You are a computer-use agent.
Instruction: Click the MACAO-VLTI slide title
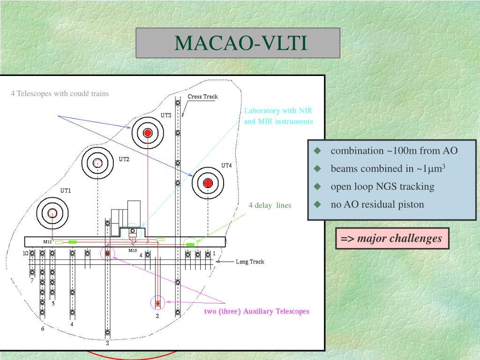click(238, 43)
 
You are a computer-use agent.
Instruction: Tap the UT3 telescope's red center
click(148, 133)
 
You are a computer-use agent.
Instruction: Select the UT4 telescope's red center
click(208, 183)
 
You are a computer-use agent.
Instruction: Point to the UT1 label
click(66, 191)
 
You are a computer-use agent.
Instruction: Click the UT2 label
click(124, 159)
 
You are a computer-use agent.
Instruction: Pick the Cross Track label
click(202, 97)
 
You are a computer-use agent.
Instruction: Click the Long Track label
click(250, 262)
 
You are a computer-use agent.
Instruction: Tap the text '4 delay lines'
click(270, 205)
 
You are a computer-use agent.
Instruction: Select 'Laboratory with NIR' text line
click(278, 111)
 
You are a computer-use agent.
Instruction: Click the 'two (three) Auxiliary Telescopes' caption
click(256, 311)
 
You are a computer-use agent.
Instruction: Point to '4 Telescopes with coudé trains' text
click(60, 94)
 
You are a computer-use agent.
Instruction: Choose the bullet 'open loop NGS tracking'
click(382, 187)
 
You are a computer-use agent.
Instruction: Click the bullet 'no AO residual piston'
click(377, 204)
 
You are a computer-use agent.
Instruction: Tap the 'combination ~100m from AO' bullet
click(394, 151)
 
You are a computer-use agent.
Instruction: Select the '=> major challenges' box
click(391, 239)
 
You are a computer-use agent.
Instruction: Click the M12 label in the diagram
click(47, 241)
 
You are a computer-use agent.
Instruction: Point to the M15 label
click(133, 250)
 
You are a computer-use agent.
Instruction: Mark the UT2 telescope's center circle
click(97, 163)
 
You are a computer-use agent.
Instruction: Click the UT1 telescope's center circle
click(52, 213)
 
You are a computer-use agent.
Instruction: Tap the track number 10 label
click(26, 253)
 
